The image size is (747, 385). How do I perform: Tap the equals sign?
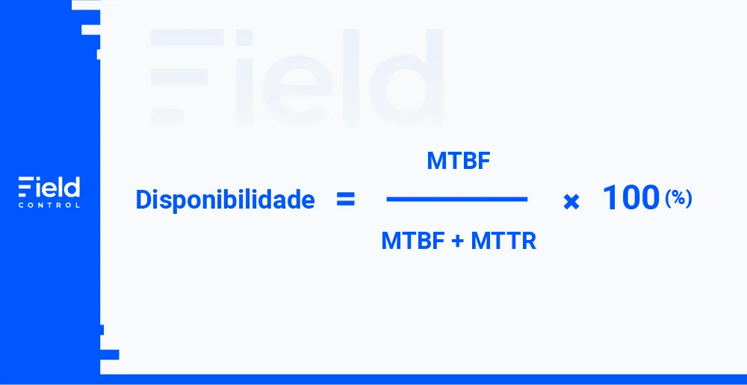tap(345, 200)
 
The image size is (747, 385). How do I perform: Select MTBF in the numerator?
tap(459, 161)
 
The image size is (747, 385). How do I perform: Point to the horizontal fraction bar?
tap(457, 199)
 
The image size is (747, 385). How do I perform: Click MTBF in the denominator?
tap(412, 241)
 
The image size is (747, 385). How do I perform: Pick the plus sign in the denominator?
tap(457, 241)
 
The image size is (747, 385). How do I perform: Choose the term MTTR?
tap(503, 241)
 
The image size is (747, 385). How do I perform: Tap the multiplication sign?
tap(571, 203)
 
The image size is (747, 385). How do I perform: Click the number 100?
tap(631, 198)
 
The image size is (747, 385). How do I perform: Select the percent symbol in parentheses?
tap(678, 198)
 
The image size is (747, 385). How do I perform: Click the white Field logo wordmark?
tap(49, 187)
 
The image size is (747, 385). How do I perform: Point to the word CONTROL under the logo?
tap(49, 206)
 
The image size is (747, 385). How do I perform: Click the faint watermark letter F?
tap(187, 77)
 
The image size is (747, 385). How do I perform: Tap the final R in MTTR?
tap(528, 241)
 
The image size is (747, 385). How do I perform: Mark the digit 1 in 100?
tap(610, 198)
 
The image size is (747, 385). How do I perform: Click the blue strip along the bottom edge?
tap(424, 379)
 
